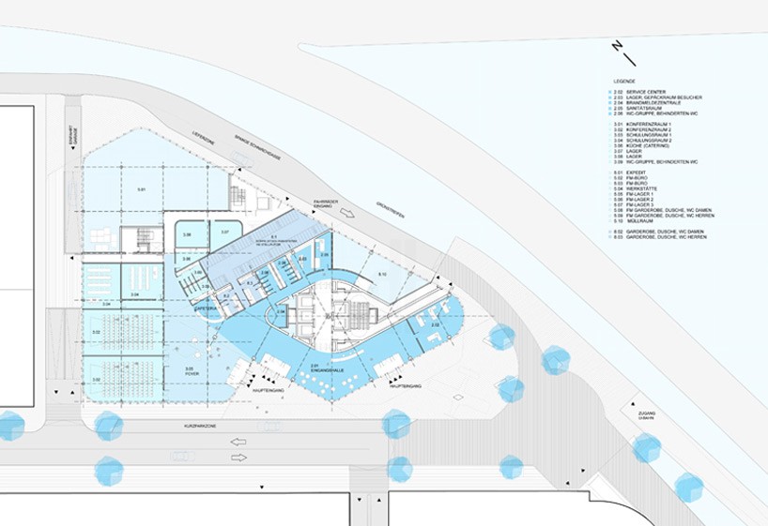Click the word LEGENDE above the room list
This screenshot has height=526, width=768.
(623, 83)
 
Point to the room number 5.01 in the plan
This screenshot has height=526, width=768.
(142, 189)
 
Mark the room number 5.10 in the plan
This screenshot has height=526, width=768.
(381, 273)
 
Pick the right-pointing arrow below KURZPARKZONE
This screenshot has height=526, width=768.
(238, 458)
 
